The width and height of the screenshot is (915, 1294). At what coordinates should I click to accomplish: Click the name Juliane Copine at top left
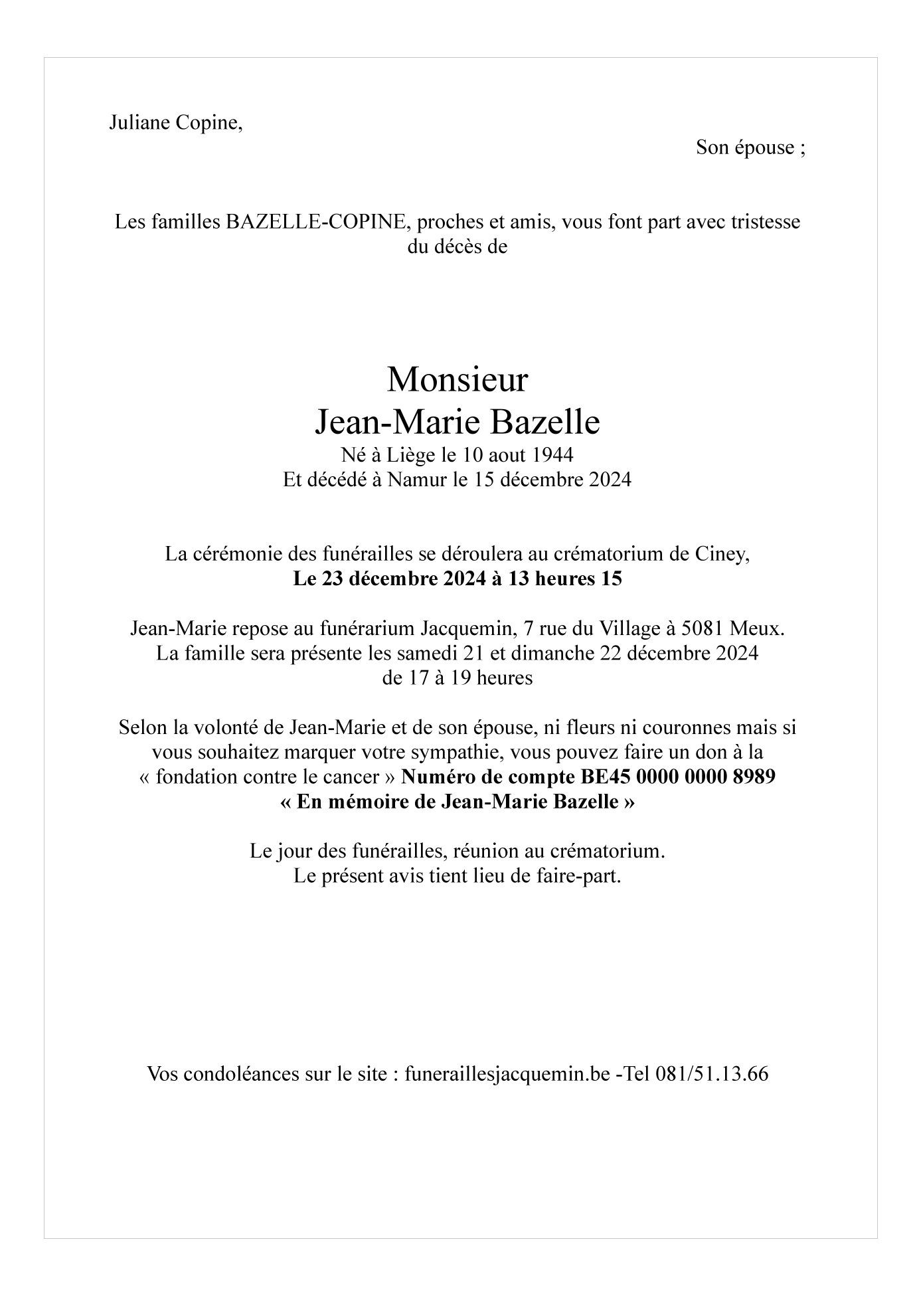coord(175,123)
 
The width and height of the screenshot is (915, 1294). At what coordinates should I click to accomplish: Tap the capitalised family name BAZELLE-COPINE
coord(315,222)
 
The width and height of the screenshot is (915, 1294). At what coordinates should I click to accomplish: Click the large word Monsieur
coord(457,380)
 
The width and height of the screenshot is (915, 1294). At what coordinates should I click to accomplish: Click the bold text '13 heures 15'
coord(565,579)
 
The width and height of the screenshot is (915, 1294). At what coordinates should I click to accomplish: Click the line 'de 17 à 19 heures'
coord(457,678)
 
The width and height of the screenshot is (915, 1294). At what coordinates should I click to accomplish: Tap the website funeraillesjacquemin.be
coord(507,1074)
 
